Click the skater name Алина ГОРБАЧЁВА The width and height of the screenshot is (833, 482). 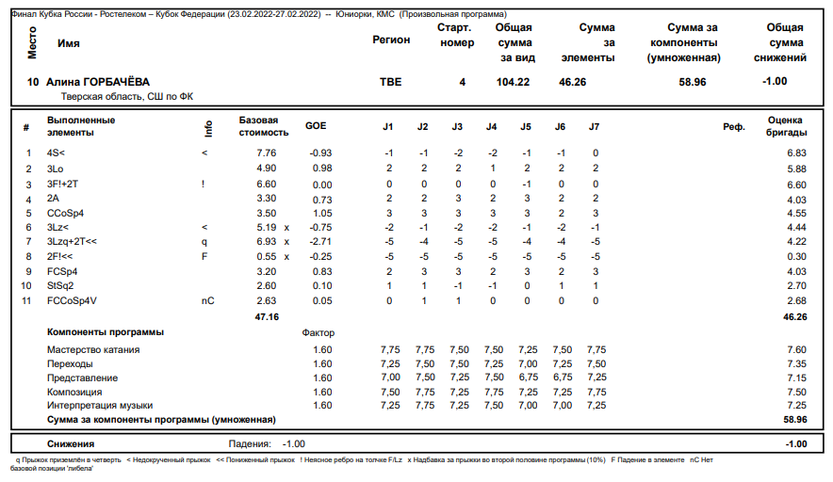point(98,83)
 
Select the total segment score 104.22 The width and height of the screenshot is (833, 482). point(513,83)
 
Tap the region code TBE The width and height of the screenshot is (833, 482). point(390,83)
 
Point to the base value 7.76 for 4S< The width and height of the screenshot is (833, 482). point(266,153)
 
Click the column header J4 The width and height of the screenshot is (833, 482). point(491,126)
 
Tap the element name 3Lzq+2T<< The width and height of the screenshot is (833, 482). point(72,242)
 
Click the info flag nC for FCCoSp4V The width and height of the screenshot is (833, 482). point(208,301)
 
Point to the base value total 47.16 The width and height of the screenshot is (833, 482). point(268,317)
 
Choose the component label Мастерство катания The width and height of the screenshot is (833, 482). point(93,350)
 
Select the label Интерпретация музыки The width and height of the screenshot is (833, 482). point(100,405)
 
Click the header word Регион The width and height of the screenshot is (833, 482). point(391,40)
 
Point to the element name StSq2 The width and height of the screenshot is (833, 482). point(60,285)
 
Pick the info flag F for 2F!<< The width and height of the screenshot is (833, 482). point(204,256)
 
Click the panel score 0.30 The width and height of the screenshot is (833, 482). point(796,256)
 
